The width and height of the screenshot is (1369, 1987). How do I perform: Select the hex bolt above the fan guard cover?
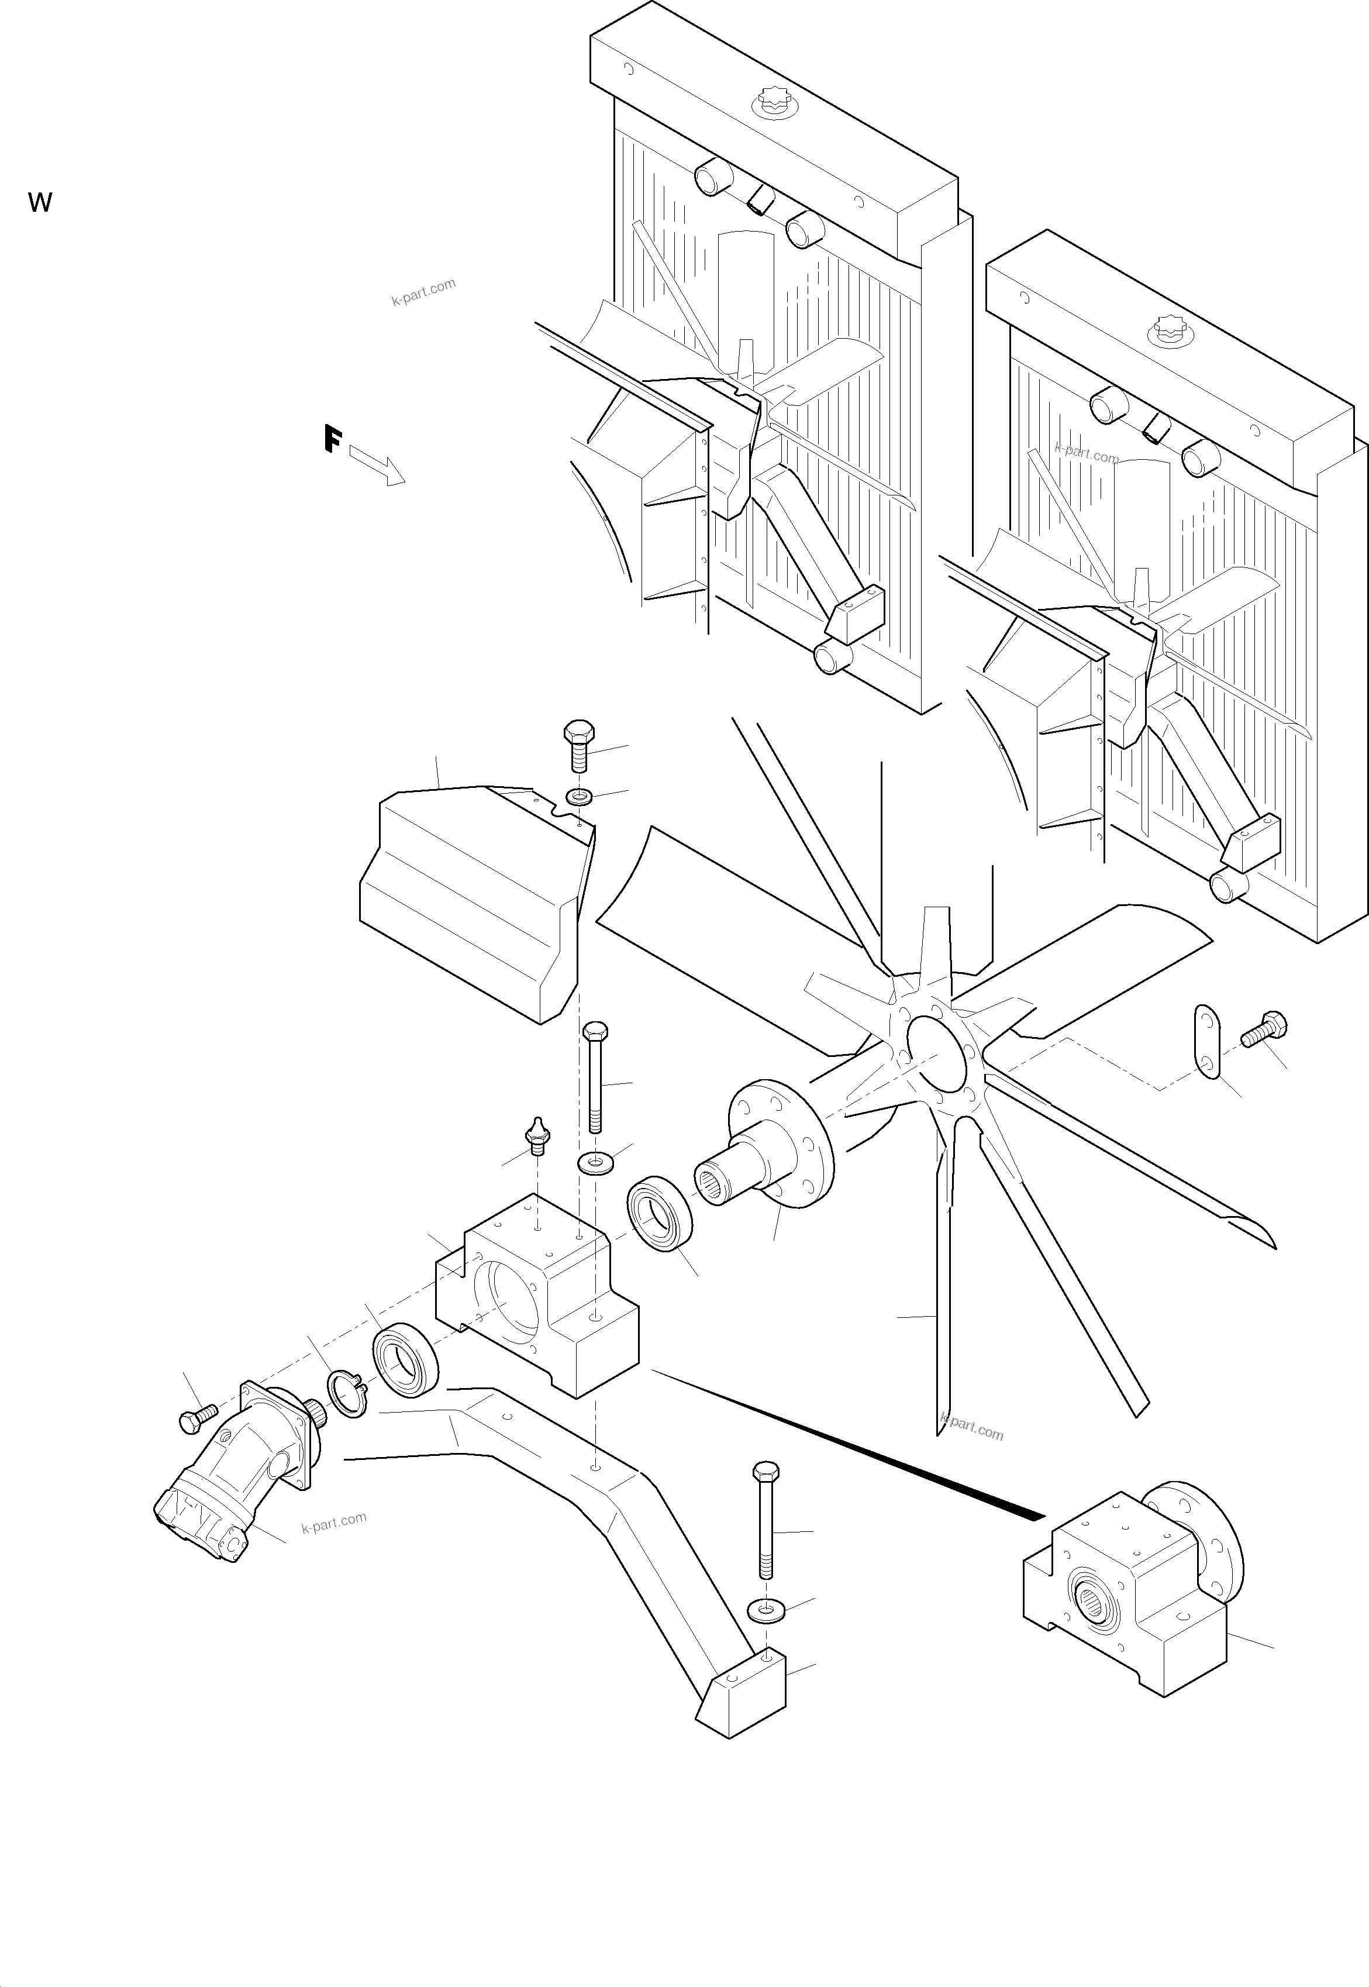[x=579, y=745]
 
